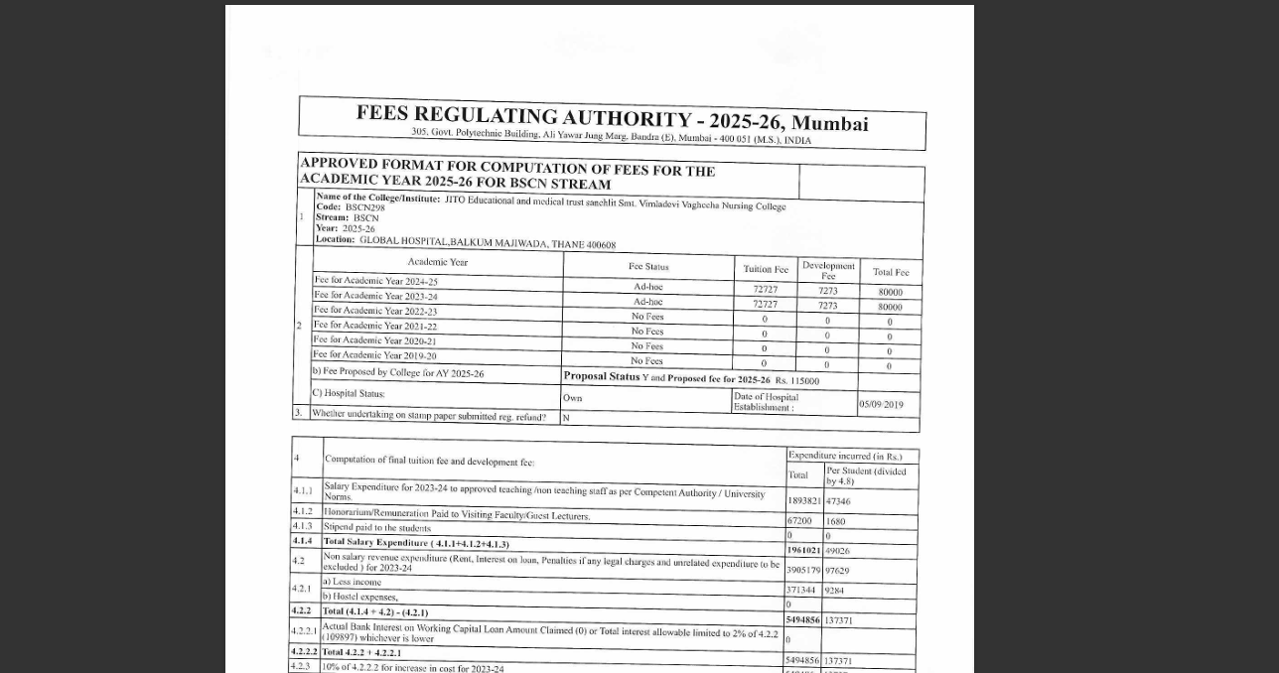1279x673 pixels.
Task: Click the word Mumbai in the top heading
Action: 829,124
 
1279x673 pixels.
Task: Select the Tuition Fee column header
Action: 766,269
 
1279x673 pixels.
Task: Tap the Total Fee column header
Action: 890,272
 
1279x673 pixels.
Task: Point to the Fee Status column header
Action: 648,266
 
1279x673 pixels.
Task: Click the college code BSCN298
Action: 364,207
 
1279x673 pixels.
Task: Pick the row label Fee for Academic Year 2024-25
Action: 375,281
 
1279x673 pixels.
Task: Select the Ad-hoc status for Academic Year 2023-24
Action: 647,302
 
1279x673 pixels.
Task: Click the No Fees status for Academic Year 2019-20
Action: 646,360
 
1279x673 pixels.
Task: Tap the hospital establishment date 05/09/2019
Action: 881,404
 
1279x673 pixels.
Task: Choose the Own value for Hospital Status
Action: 572,398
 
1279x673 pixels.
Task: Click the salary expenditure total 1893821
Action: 803,501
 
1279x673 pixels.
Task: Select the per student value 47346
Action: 838,502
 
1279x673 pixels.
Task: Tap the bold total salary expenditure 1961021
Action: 803,550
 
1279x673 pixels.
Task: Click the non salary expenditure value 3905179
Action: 803,571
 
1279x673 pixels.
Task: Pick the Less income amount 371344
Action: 800,591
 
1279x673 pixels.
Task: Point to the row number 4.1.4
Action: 302,541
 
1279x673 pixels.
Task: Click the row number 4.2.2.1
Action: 304,631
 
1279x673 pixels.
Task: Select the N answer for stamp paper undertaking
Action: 566,418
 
